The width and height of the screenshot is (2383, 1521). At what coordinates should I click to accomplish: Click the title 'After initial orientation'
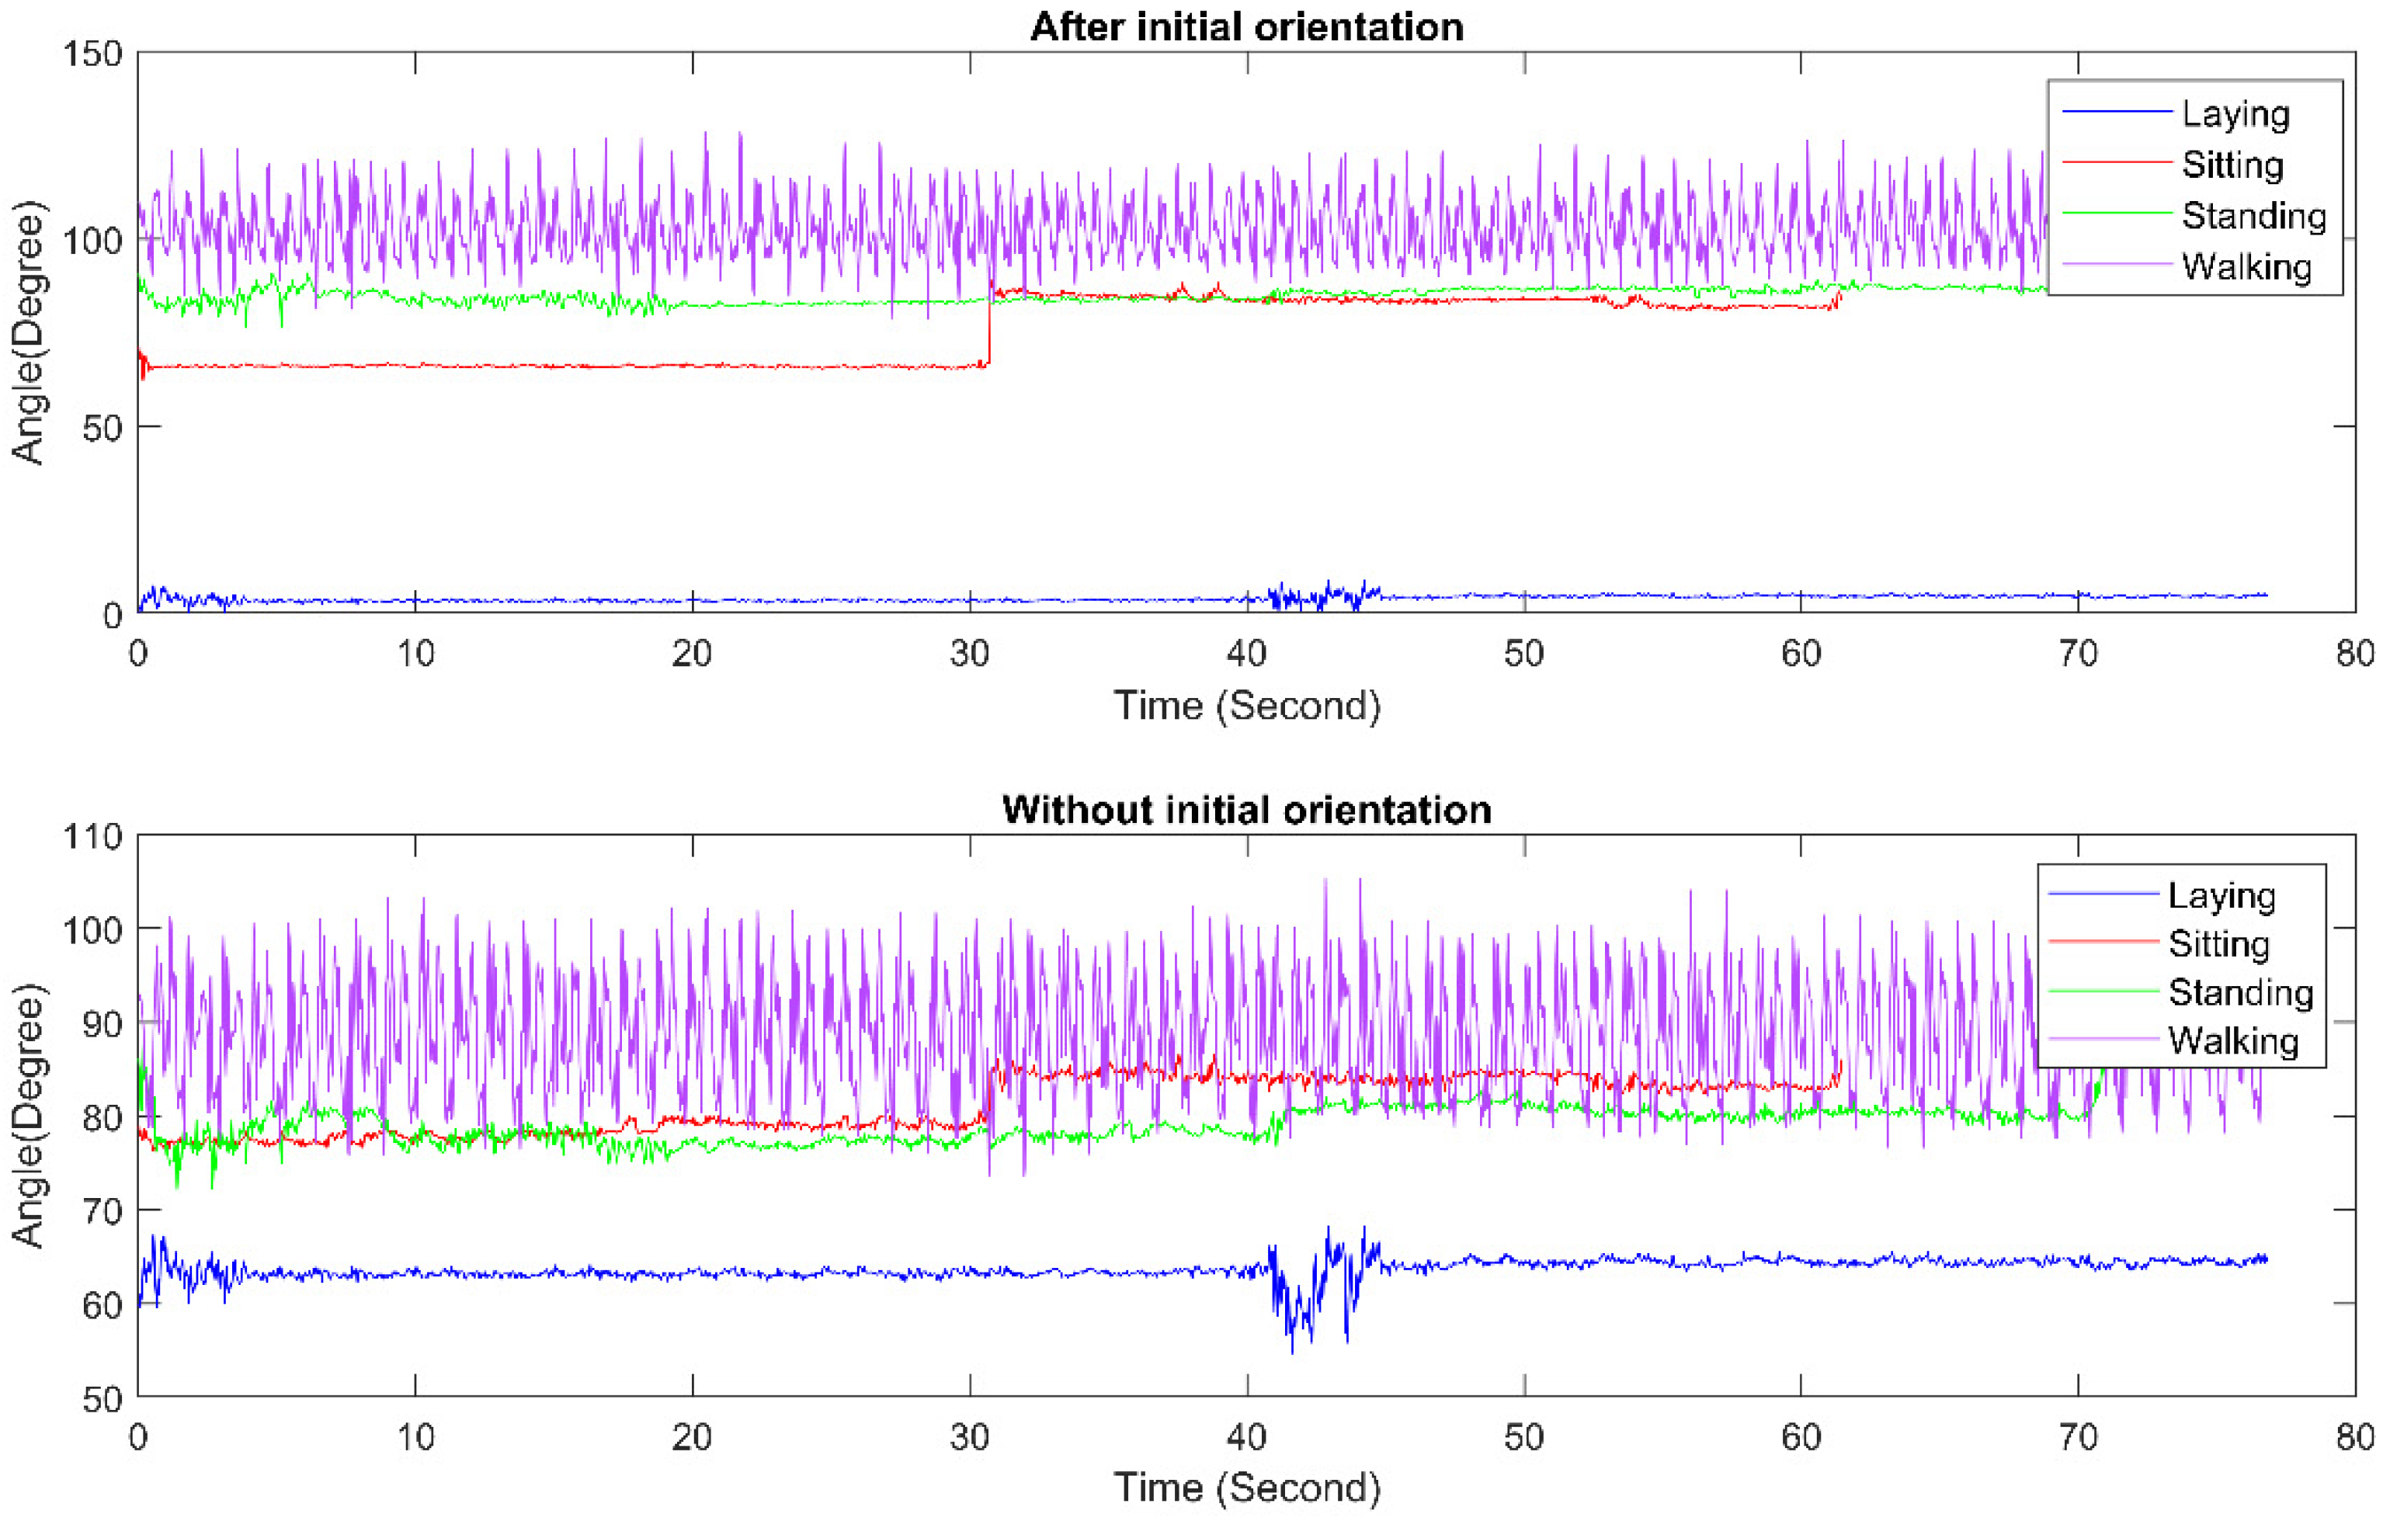tap(1246, 26)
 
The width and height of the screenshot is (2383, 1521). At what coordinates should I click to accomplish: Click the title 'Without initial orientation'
tap(1246, 810)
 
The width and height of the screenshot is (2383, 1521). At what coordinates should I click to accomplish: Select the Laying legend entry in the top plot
tap(2235, 114)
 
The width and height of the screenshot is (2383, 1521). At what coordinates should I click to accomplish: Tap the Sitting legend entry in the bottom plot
tap(2218, 943)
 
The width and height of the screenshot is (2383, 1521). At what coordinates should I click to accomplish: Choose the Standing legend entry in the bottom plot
tap(2239, 991)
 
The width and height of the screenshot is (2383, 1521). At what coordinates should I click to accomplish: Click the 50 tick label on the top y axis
tap(102, 429)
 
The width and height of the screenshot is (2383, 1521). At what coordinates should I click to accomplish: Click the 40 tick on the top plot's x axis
tap(1246, 653)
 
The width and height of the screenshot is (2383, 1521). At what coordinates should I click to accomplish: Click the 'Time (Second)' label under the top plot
tap(1246, 706)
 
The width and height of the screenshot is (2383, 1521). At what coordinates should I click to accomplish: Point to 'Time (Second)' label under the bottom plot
tap(1246, 1488)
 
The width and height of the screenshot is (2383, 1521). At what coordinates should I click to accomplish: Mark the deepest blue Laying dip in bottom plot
tap(1291, 1351)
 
